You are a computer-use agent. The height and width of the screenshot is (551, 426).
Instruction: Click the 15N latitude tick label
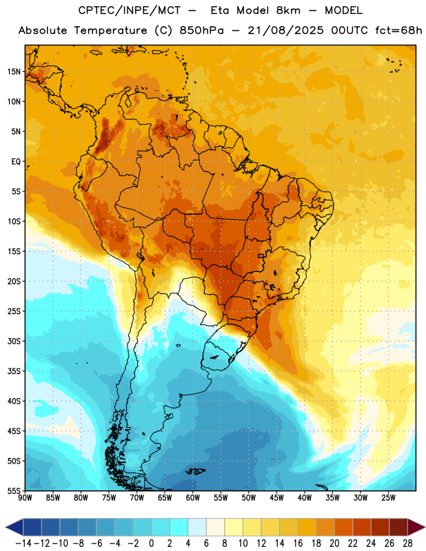click(x=14, y=72)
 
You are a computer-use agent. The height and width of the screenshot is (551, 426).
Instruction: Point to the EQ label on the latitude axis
click(x=17, y=162)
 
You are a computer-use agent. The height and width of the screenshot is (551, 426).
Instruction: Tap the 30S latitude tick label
click(x=14, y=341)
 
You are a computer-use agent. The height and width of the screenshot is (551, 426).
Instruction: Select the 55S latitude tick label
click(x=14, y=491)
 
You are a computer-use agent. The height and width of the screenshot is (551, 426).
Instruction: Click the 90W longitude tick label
click(x=25, y=497)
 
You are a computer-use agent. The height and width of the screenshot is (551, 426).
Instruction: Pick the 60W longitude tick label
click(x=193, y=497)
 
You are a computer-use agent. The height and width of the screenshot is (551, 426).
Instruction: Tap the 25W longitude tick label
click(x=388, y=497)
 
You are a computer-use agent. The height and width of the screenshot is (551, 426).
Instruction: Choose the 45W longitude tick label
click(x=276, y=497)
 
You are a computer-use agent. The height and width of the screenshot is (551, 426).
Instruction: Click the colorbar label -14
click(x=23, y=543)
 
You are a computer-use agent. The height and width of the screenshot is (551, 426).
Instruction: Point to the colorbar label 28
click(x=407, y=543)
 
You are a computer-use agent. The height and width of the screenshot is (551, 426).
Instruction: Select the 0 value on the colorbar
click(x=151, y=543)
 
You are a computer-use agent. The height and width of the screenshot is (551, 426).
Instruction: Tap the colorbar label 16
click(x=298, y=543)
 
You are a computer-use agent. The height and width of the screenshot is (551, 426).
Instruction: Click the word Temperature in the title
click(x=110, y=30)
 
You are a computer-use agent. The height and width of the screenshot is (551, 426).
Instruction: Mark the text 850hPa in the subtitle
click(x=201, y=30)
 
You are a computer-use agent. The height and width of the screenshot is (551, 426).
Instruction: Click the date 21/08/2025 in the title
click(x=285, y=30)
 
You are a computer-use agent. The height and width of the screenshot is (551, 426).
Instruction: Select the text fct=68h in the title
click(x=398, y=30)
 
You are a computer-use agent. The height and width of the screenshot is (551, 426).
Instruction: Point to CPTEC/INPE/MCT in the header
click(x=130, y=10)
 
